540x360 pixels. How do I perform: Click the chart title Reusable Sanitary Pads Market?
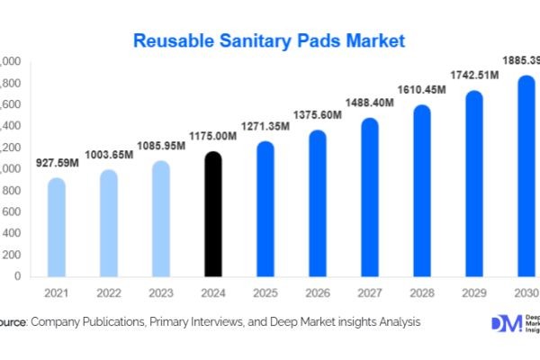pos(269,40)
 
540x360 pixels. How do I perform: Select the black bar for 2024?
pos(212,216)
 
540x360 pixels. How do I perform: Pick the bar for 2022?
pos(108,224)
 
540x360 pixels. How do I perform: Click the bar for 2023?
pos(160,220)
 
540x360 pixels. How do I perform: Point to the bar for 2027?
pos(369,198)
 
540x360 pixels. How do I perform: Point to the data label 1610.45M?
pos(421,92)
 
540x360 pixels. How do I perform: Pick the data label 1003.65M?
pos(108,154)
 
